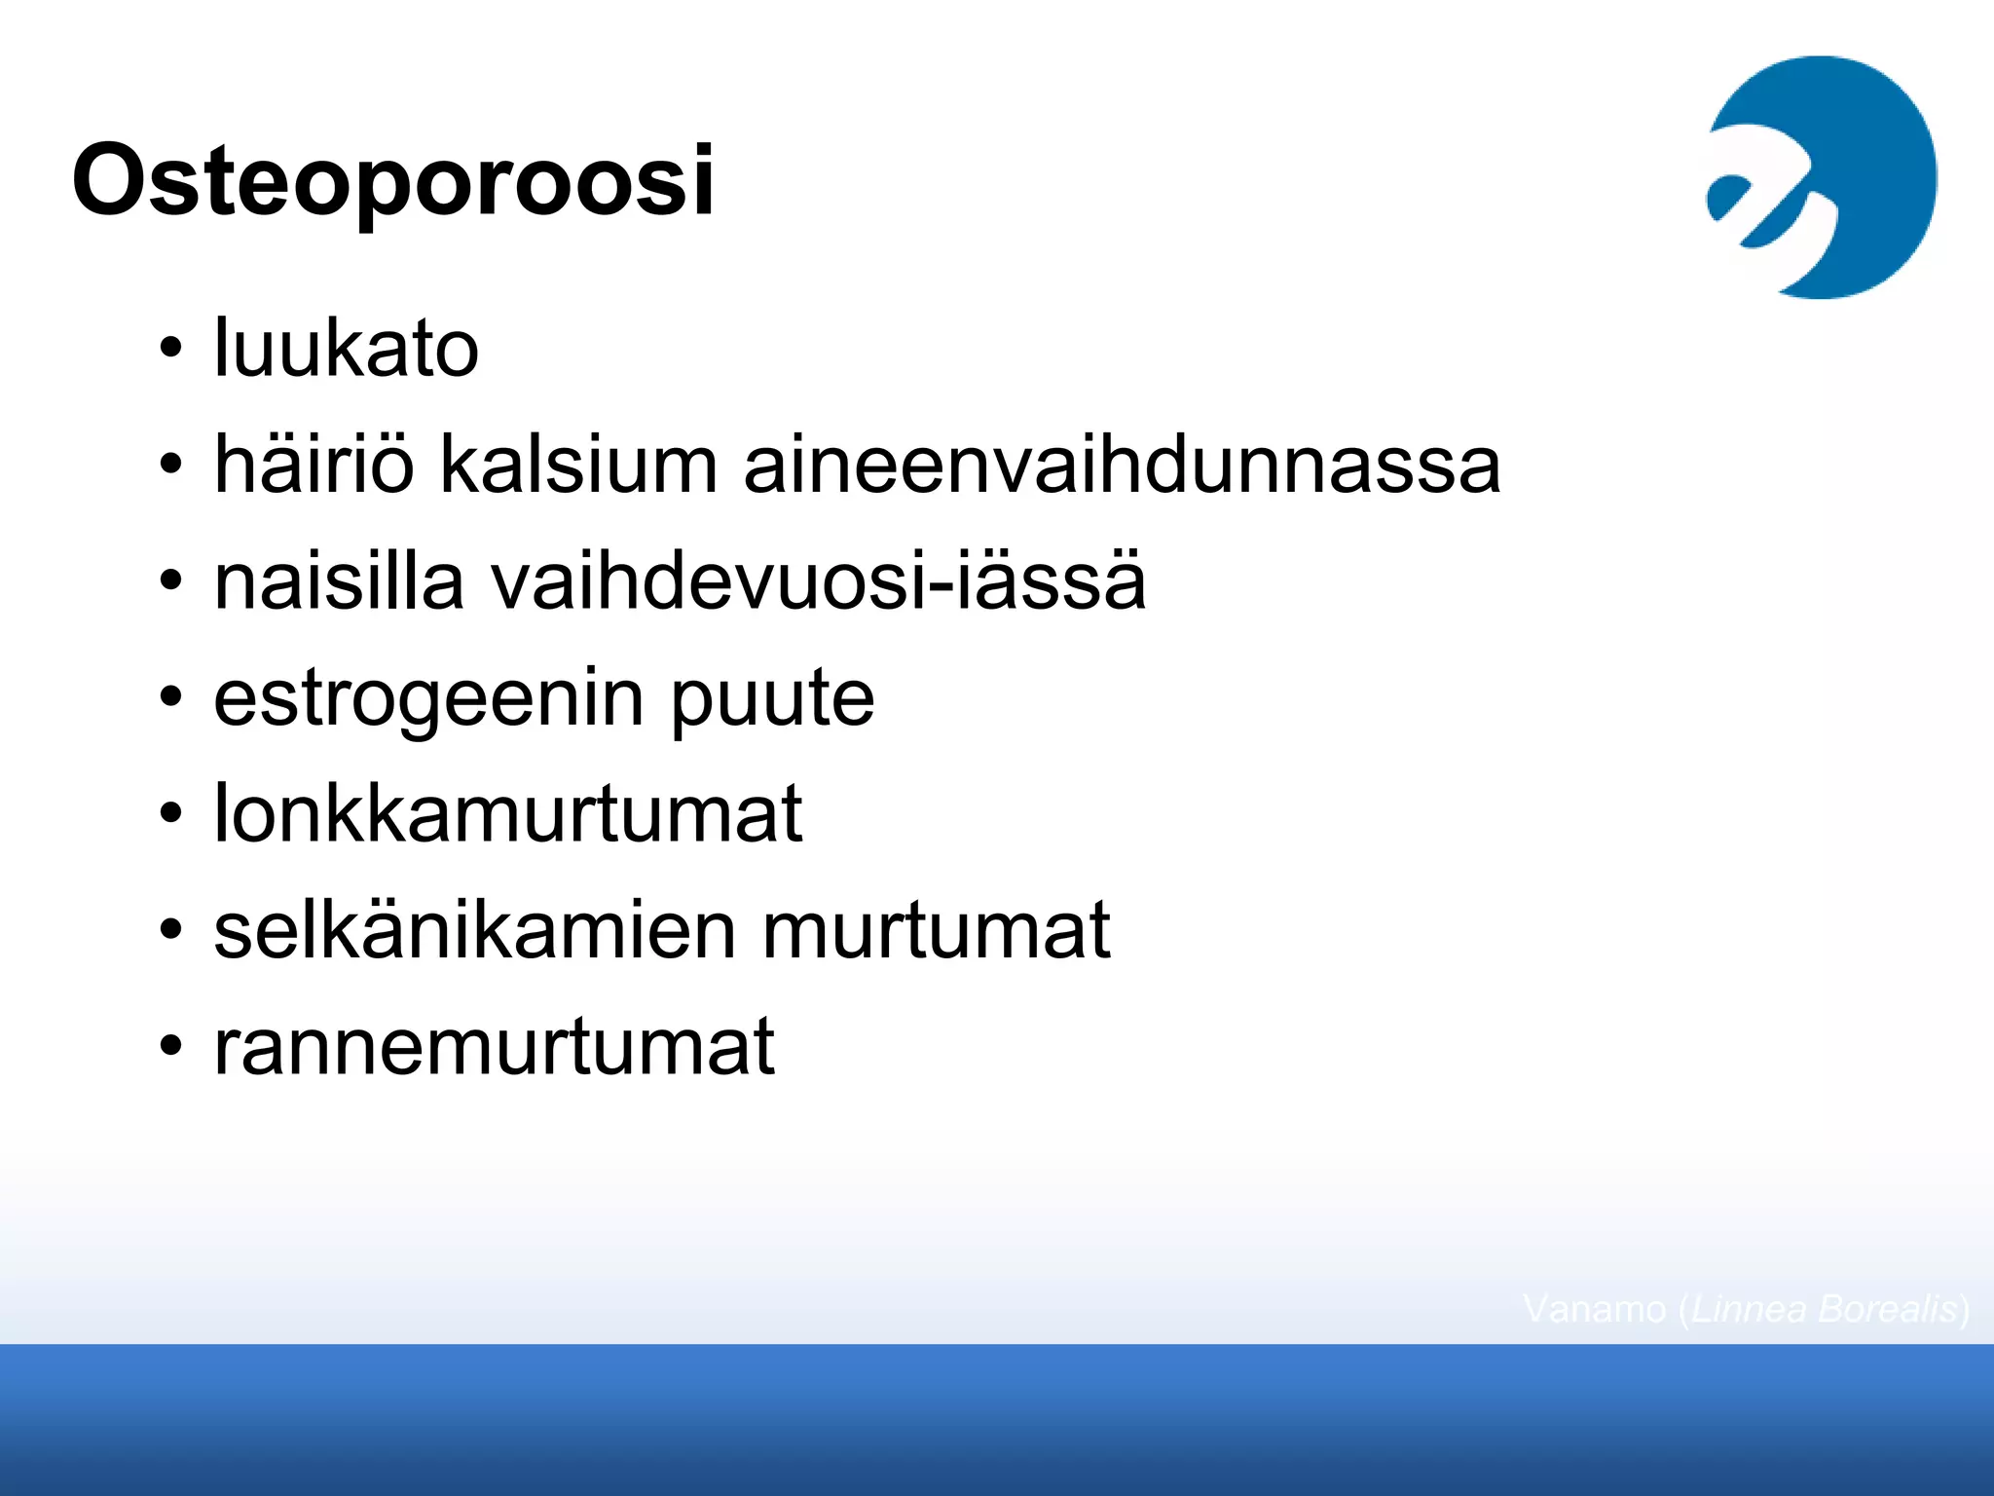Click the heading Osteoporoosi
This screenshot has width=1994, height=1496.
click(393, 181)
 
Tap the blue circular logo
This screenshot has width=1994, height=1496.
click(1822, 177)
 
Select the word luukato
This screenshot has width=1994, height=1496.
click(346, 348)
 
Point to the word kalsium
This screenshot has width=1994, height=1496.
click(578, 465)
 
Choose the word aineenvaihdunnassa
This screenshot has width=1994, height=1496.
click(1122, 465)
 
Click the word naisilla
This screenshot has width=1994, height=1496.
click(339, 581)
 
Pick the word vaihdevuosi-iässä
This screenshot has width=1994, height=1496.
click(818, 581)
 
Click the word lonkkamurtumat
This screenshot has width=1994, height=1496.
click(508, 813)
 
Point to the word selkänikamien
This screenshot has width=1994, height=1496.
click(475, 930)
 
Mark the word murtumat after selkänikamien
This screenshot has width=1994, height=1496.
click(936, 932)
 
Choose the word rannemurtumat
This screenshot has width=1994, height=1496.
click(494, 1047)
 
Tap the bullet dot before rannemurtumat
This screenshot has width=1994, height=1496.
click(171, 1047)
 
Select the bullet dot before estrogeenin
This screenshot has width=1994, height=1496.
click(171, 698)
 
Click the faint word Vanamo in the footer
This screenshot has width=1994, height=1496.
click(1594, 1309)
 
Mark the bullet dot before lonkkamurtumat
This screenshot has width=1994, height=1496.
click(171, 813)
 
